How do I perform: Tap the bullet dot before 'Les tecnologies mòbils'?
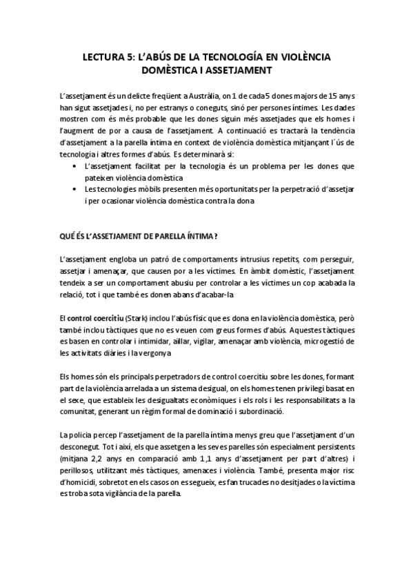pos(74,189)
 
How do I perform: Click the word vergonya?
pos(154,353)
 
